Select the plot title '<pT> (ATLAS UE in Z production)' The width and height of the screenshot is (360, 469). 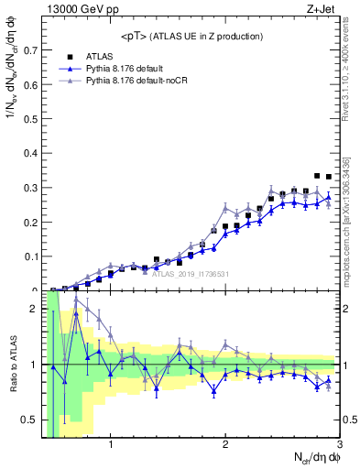191,36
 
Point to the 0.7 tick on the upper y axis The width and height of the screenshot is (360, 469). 32,49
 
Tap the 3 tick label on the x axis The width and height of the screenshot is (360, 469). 340,446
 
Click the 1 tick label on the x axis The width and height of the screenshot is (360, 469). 111,446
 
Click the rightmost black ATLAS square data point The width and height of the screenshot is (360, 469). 329,177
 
